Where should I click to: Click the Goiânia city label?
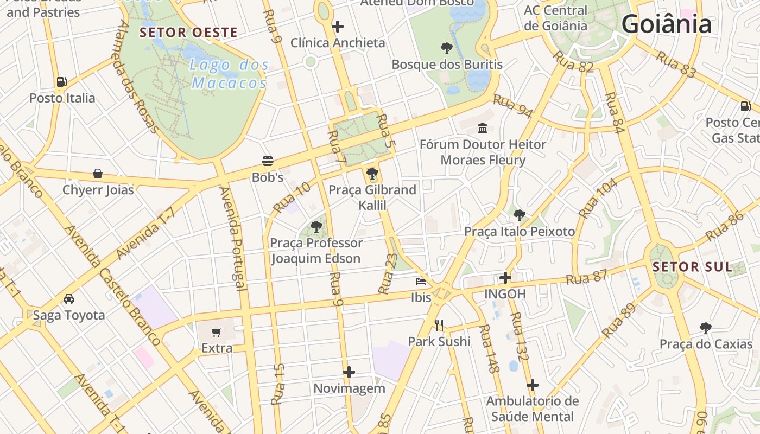coord(666,24)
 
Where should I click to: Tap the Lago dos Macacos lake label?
coord(230,74)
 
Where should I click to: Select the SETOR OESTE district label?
coord(188,33)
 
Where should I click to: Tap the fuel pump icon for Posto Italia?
coord(62,82)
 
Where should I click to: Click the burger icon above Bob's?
coord(267,161)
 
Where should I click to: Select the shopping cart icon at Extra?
coord(217,332)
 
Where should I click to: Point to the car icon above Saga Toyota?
coord(69,299)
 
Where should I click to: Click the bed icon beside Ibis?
coord(421,282)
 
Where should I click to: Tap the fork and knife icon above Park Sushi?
coord(439,325)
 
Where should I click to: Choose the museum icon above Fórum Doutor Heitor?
coord(483,128)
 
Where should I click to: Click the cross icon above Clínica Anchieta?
coord(338,26)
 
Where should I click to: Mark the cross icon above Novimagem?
coord(349,372)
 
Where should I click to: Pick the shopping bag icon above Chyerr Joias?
coord(98,174)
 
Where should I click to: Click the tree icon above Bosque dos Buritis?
coord(447,48)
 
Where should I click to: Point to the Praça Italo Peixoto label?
coord(519,232)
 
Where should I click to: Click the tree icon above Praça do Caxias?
coord(706,328)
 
